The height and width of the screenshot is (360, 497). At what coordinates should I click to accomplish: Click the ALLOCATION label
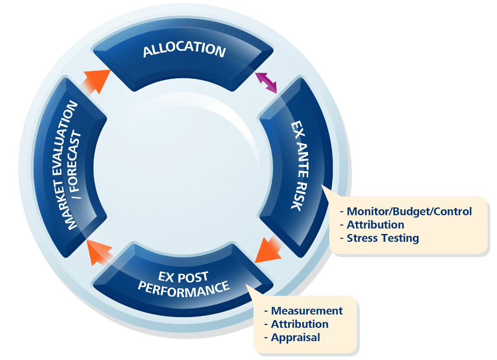click(184, 50)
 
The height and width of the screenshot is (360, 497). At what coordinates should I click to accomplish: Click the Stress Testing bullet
click(382, 238)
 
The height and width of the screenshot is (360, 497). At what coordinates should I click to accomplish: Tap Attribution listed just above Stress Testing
click(375, 225)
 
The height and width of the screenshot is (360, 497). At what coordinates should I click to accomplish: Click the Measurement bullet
click(307, 311)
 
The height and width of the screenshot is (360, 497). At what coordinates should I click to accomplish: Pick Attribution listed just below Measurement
click(300, 324)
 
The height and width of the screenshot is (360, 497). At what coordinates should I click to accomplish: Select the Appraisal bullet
click(295, 337)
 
